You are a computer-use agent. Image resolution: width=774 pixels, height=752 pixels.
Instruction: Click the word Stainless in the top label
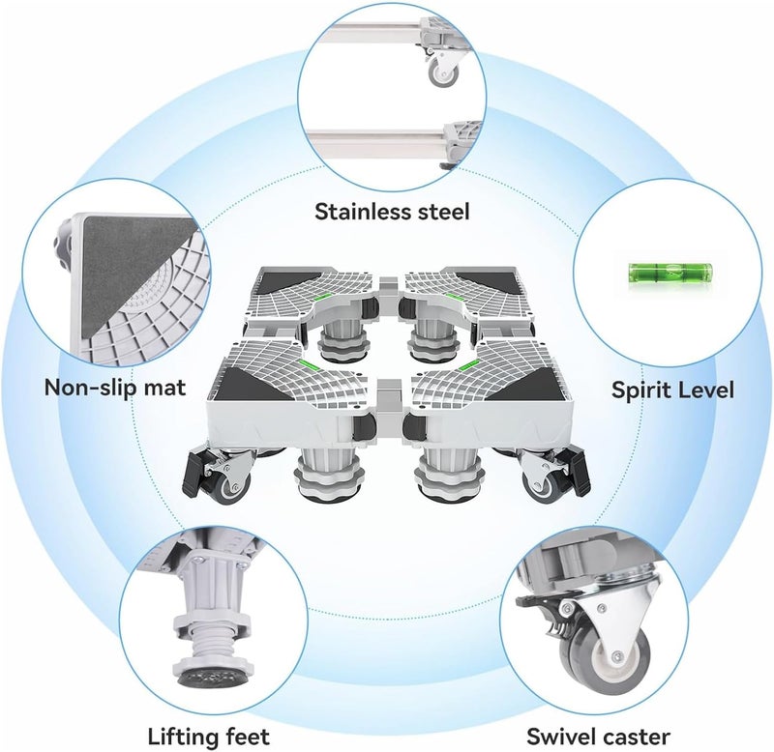(x=362, y=212)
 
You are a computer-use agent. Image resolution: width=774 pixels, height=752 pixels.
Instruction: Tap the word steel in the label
(x=443, y=212)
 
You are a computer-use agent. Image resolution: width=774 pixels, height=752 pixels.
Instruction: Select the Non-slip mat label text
(x=115, y=388)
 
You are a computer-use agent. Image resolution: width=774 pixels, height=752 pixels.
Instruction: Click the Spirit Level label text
(x=672, y=390)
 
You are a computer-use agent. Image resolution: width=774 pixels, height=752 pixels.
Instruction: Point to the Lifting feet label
(x=209, y=737)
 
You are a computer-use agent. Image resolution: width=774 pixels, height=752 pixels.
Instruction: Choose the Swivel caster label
(x=598, y=737)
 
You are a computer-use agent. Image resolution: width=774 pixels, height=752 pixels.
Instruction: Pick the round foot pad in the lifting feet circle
(x=217, y=677)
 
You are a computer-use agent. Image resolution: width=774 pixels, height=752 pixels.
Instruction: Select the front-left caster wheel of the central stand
(x=228, y=486)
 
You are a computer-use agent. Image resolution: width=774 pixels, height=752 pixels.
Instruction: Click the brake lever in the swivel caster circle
(x=538, y=602)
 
